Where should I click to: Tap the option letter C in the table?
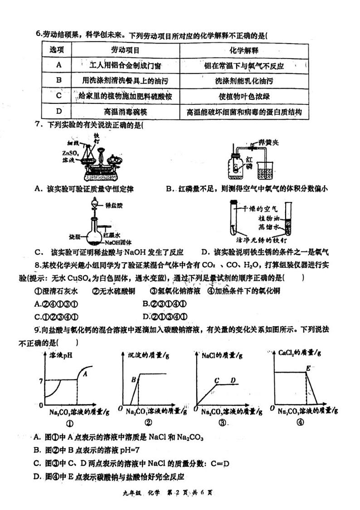pyautogui.click(x=58, y=96)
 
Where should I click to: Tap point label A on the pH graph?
pyautogui.click(x=84, y=374)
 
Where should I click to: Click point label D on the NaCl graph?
pyautogui.click(x=233, y=380)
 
